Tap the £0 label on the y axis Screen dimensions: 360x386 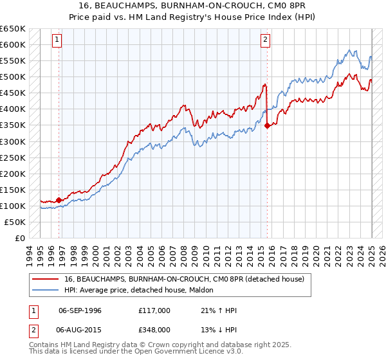click(21, 238)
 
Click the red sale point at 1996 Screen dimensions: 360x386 click(59, 200)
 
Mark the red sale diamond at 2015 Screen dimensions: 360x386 click(267, 126)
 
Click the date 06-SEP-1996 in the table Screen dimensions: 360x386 click(80, 311)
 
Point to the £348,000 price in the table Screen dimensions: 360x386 click(154, 329)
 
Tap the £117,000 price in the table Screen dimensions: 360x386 click(154, 311)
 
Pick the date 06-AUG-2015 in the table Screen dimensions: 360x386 click(80, 329)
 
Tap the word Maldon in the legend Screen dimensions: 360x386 click(208, 290)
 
